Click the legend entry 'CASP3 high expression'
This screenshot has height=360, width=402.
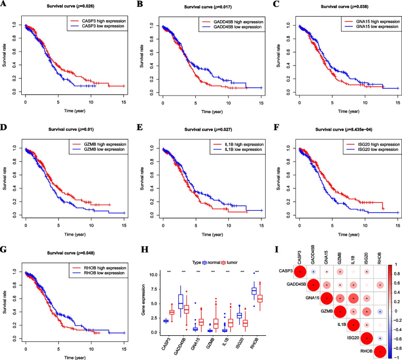coord(97,22)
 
